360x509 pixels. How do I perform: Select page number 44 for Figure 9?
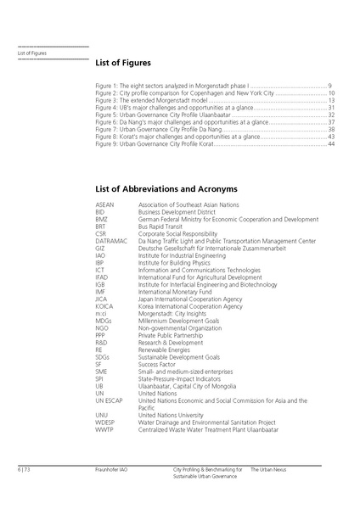[331, 144]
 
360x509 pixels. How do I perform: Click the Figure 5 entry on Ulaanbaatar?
[165, 115]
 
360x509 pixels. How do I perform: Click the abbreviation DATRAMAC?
[111, 241]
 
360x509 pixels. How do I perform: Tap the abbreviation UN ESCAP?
[110, 400]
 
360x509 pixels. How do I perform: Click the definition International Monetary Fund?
[177, 291]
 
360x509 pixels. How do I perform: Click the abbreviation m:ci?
[101, 313]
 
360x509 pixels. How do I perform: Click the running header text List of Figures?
[32, 53]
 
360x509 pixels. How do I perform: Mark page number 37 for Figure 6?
[331, 123]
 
